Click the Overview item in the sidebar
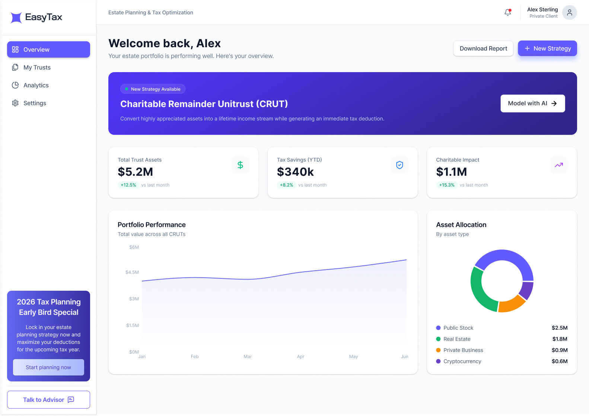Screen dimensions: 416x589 (x=48, y=49)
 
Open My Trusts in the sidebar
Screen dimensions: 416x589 (x=37, y=67)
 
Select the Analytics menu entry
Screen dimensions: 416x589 (x=36, y=85)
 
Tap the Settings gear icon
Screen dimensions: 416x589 (x=15, y=103)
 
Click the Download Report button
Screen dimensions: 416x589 (x=483, y=48)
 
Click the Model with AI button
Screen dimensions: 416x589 (x=532, y=103)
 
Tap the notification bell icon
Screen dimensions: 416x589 (x=507, y=12)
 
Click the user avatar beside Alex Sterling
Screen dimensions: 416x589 (x=569, y=13)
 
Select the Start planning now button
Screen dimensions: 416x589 (x=48, y=367)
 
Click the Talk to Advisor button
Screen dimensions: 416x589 (x=48, y=400)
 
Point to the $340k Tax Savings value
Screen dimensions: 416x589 (x=295, y=172)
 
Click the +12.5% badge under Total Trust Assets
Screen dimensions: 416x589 (x=128, y=185)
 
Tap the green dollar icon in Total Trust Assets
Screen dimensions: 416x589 (x=240, y=165)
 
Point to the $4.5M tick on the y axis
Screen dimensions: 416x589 (x=132, y=272)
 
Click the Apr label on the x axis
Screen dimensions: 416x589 (x=300, y=357)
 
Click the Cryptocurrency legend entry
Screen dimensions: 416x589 (x=462, y=361)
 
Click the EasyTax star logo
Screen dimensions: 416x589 (x=16, y=17)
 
